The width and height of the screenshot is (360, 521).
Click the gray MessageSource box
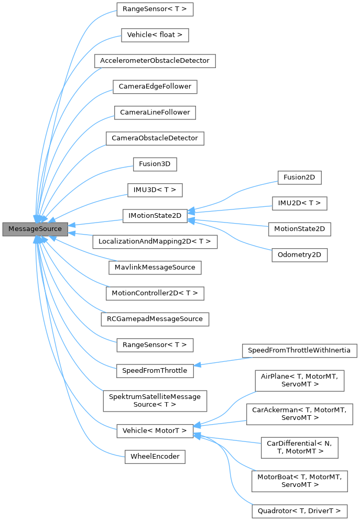click(35, 229)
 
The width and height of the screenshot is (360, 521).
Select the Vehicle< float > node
click(155, 35)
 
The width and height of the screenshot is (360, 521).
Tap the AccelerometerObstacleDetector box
click(155, 61)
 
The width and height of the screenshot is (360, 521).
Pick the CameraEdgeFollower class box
click(155, 86)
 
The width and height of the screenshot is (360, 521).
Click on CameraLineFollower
click(155, 112)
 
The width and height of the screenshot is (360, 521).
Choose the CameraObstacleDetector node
click(155, 138)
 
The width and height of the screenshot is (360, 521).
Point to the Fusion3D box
click(155, 164)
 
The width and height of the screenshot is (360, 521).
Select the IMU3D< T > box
click(155, 190)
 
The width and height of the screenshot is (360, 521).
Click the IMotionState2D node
click(155, 216)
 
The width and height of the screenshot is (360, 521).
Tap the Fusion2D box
click(299, 177)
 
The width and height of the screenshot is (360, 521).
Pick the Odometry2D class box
click(299, 255)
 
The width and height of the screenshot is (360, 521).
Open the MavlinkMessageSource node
click(155, 267)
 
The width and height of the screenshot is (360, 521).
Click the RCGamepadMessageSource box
click(155, 318)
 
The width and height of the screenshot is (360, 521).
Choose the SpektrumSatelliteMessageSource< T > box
click(155, 401)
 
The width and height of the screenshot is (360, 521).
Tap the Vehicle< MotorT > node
click(155, 430)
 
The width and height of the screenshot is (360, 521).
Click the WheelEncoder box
click(155, 457)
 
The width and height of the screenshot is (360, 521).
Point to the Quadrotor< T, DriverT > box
click(299, 510)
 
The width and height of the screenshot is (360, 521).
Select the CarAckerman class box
click(299, 413)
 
